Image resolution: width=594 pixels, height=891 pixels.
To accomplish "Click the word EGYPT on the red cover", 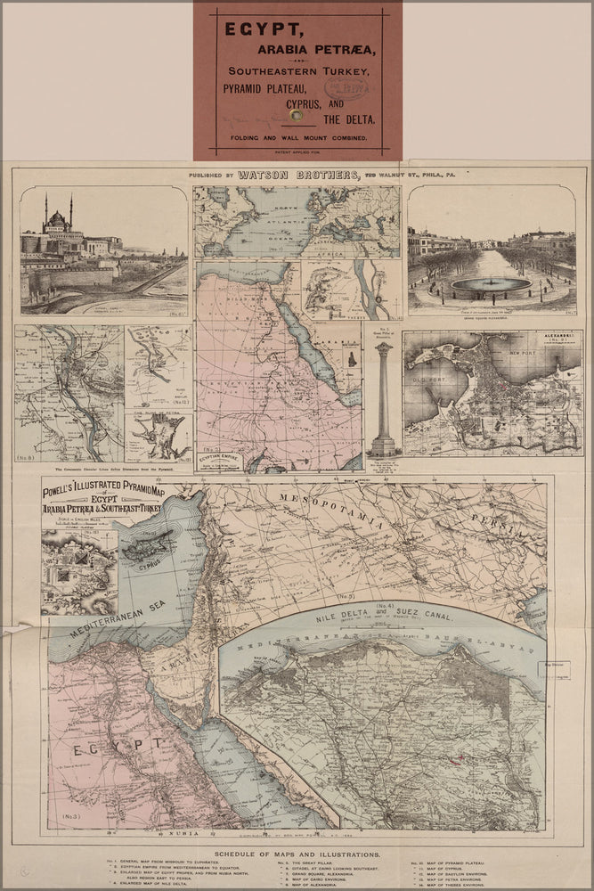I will tap(251, 29).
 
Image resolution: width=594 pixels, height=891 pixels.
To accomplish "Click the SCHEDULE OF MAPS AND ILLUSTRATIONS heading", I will tap(297, 851).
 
